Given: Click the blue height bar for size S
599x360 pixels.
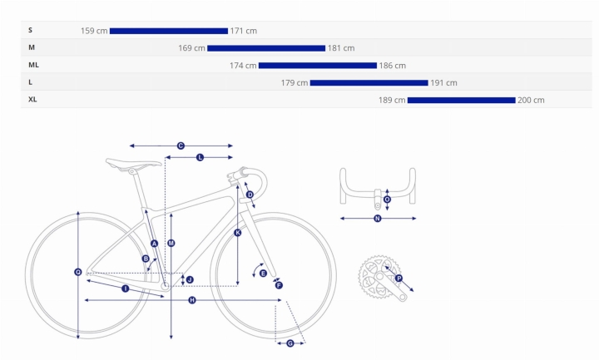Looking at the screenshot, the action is pyautogui.click(x=168, y=31).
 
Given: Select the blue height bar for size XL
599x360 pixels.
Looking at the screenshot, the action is pyautogui.click(x=462, y=100).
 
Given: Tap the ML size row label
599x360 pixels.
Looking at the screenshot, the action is pyautogui.click(x=33, y=65).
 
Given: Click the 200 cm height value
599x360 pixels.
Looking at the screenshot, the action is pyautogui.click(x=531, y=100).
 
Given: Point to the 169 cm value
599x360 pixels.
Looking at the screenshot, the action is pyautogui.click(x=192, y=48).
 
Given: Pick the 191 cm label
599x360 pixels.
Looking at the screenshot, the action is pyautogui.click(x=443, y=83).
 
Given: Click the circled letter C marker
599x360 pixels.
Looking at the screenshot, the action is pyautogui.click(x=181, y=145).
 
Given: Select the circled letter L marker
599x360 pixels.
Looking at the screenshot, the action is pyautogui.click(x=200, y=157).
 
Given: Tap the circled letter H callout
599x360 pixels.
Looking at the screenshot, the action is pyautogui.click(x=192, y=300).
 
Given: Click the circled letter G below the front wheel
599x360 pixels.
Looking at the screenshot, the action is pyautogui.click(x=290, y=343).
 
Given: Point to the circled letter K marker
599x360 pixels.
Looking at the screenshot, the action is pyautogui.click(x=238, y=233).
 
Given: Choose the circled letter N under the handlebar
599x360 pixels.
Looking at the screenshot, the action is pyautogui.click(x=378, y=219).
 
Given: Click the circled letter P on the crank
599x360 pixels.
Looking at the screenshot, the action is pyautogui.click(x=399, y=279).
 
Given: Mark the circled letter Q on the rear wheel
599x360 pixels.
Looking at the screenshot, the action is pyautogui.click(x=78, y=272).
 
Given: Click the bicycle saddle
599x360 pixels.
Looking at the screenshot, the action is pyautogui.click(x=133, y=163).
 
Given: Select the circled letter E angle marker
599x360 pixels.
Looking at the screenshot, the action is pyautogui.click(x=263, y=274).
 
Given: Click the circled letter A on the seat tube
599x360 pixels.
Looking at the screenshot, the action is pyautogui.click(x=155, y=244).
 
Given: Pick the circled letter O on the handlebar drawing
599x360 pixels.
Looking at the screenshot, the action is pyautogui.click(x=387, y=200).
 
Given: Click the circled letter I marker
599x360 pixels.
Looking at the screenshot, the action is pyautogui.click(x=126, y=288).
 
